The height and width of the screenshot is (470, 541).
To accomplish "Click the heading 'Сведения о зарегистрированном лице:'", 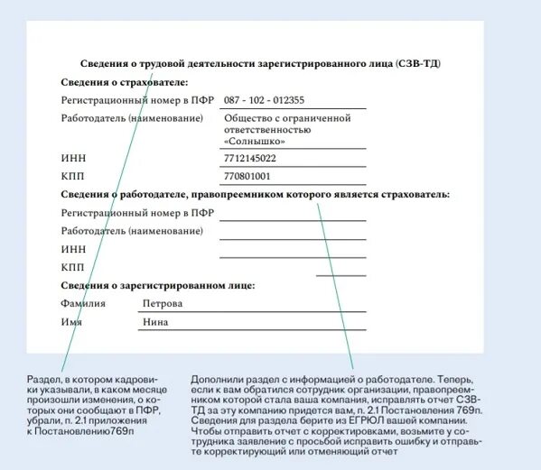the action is coord(158,285).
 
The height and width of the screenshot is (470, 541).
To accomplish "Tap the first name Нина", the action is coord(156,322).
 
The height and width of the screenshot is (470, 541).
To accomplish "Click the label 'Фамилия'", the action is coord(83,304).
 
